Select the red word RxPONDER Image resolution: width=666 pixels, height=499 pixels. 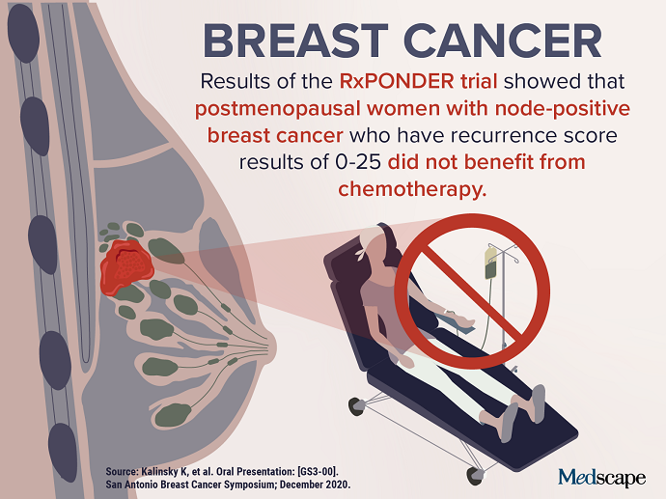click(397, 81)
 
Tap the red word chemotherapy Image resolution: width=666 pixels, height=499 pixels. click(412, 189)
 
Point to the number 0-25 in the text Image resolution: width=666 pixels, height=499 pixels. click(358, 162)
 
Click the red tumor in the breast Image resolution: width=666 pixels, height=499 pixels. click(125, 267)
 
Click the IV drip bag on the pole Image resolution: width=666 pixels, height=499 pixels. click(491, 263)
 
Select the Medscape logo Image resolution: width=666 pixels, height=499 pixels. click(602, 478)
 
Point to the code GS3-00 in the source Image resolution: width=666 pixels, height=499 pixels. click(317, 472)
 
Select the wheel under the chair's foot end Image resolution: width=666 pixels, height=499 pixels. click(475, 476)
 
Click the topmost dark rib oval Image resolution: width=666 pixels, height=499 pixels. click(23, 33)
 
